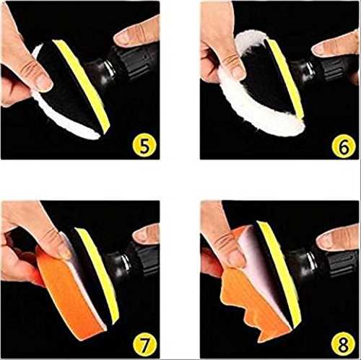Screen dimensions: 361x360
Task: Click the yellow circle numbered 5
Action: click(x=144, y=145)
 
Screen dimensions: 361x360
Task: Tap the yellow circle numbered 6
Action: click(x=344, y=146)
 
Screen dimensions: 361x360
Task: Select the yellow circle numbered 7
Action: click(x=144, y=344)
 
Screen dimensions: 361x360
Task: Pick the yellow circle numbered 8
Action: click(x=343, y=343)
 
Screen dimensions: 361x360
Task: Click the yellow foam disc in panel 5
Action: click(x=82, y=84)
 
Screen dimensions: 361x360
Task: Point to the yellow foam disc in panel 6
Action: click(x=285, y=78)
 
